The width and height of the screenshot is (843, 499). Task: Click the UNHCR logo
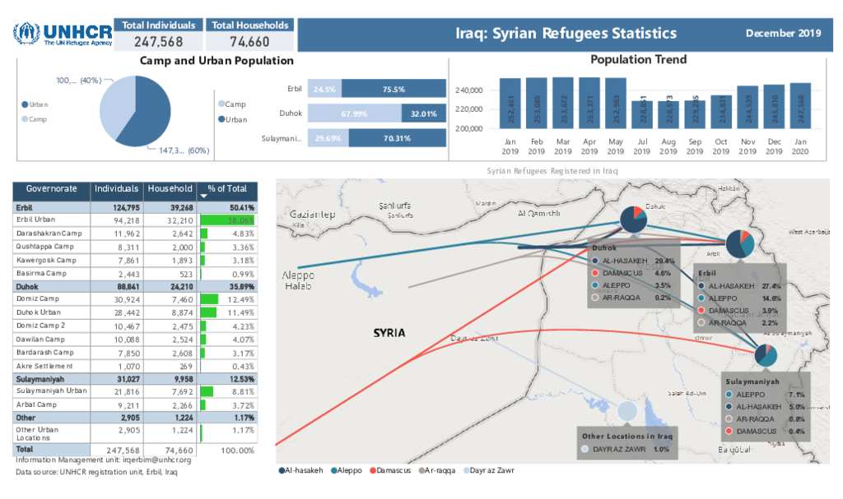pos(62,34)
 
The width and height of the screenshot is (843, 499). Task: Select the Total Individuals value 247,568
pos(158,42)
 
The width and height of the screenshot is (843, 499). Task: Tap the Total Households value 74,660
pos(249,42)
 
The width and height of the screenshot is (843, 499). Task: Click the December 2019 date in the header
pos(783,34)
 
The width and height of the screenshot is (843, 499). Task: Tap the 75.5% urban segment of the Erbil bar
pos(394,89)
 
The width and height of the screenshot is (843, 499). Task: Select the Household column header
pos(170,189)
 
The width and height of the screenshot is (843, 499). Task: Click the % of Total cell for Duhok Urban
pos(228,312)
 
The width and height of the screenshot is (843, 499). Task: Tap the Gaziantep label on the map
pos(313,214)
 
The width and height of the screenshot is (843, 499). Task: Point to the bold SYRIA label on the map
pos(389,333)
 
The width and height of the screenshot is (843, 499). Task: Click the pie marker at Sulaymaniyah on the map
pos(766,356)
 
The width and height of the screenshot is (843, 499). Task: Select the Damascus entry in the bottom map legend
pos(389,471)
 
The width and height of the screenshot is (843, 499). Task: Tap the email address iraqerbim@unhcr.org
pos(157,460)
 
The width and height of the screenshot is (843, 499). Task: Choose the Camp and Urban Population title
pos(217,61)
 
